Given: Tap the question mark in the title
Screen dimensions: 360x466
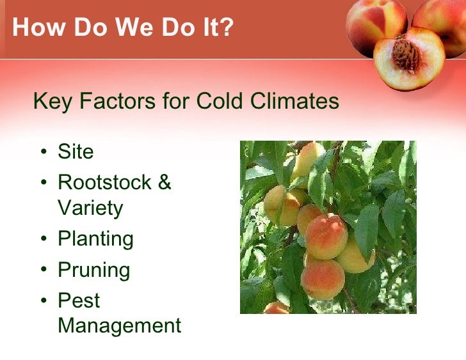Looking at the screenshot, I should pos(228,28).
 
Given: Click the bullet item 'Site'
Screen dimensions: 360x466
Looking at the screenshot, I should pos(76,152).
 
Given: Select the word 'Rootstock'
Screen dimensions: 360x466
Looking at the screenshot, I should pos(103,182).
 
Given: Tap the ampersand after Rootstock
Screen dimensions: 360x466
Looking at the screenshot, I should pos(164,182).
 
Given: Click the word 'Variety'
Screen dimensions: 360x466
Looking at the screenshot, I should pos(90,208).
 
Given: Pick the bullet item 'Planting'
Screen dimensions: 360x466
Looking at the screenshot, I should pos(95,239).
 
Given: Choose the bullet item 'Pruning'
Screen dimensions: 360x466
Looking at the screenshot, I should pos(93,270).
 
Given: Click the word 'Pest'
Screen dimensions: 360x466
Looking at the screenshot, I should pos(79,300).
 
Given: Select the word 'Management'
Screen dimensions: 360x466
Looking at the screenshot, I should pos(119,325).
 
